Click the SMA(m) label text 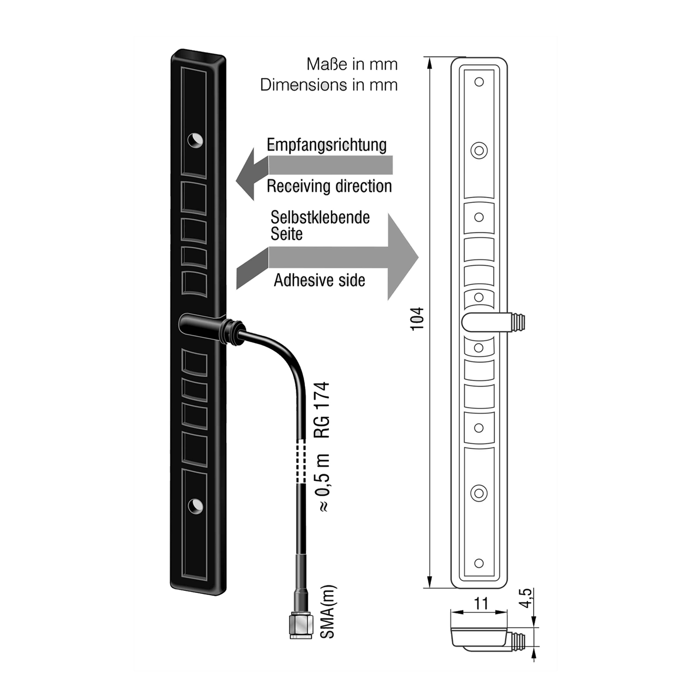coord(328,611)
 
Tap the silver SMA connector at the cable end coord(301,625)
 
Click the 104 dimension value coord(417,319)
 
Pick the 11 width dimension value coord(481,603)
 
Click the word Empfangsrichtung coord(327,145)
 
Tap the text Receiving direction coord(329,186)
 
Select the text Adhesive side coord(319,280)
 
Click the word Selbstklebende coord(320,217)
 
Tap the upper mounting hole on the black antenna coord(195,140)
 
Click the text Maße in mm coord(352,64)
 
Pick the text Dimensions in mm coord(329,85)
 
